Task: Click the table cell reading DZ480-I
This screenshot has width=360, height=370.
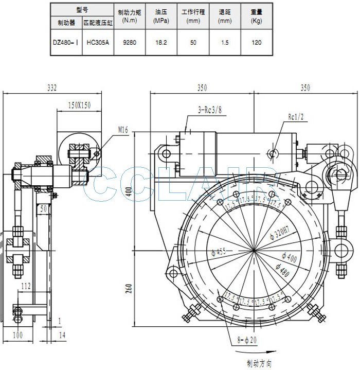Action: click(66, 43)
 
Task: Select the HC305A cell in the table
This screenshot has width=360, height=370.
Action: click(98, 43)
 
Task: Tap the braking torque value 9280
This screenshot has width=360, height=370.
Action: click(130, 43)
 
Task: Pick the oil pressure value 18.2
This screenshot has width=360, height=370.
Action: click(161, 43)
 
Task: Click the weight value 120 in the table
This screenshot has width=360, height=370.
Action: click(256, 43)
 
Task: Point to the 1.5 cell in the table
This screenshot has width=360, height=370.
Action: click(225, 43)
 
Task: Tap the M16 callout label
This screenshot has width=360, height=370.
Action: click(123, 130)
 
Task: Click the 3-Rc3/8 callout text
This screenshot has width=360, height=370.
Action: click(210, 110)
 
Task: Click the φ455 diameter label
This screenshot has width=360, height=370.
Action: click(219, 252)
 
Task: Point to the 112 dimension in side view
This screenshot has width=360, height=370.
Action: click(26, 286)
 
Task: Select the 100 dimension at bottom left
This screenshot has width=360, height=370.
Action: click(18, 335)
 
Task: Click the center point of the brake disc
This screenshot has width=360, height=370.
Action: click(255, 250)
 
